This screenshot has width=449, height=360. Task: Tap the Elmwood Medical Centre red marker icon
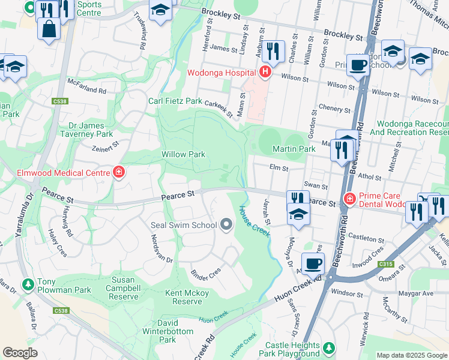coord(119,173)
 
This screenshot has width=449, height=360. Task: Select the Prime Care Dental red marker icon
coord(349,198)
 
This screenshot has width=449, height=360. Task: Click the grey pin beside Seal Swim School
coord(226,225)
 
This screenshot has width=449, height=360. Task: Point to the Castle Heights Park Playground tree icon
coord(328,347)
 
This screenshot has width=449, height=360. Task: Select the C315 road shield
coord(385,264)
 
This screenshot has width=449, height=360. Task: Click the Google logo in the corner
coord(20,353)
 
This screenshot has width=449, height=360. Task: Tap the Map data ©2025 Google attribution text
coord(412,355)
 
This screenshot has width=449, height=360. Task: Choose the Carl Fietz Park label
coord(175,101)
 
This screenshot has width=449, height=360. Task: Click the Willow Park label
coord(183,154)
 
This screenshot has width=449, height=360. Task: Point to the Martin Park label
coord(294,148)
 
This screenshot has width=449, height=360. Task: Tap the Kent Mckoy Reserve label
coord(187,297)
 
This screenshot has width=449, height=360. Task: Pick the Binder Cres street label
coord(206,271)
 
